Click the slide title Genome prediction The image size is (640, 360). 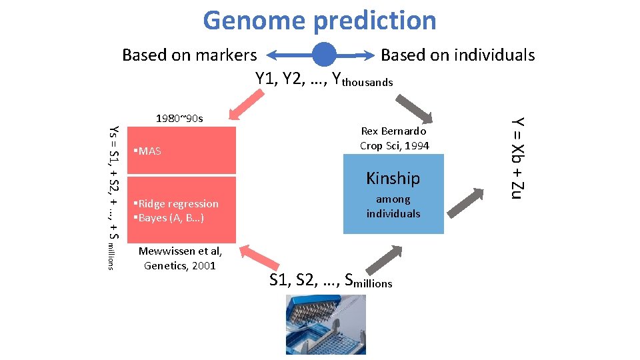[319, 20]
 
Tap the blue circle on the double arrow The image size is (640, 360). [325, 55]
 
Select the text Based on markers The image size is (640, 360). [189, 55]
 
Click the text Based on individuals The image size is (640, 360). [457, 55]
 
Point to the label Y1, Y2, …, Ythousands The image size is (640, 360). [324, 79]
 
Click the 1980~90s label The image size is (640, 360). [179, 118]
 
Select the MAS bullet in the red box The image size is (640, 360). [148, 151]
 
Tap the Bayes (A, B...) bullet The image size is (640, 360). [169, 218]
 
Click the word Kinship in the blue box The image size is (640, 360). [393, 178]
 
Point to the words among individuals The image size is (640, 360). [393, 206]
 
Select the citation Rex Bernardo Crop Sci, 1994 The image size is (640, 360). [394, 139]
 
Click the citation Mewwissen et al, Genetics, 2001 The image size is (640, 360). [180, 258]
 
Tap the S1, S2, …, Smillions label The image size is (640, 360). [331, 280]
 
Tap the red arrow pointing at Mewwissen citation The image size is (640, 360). [255, 259]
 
